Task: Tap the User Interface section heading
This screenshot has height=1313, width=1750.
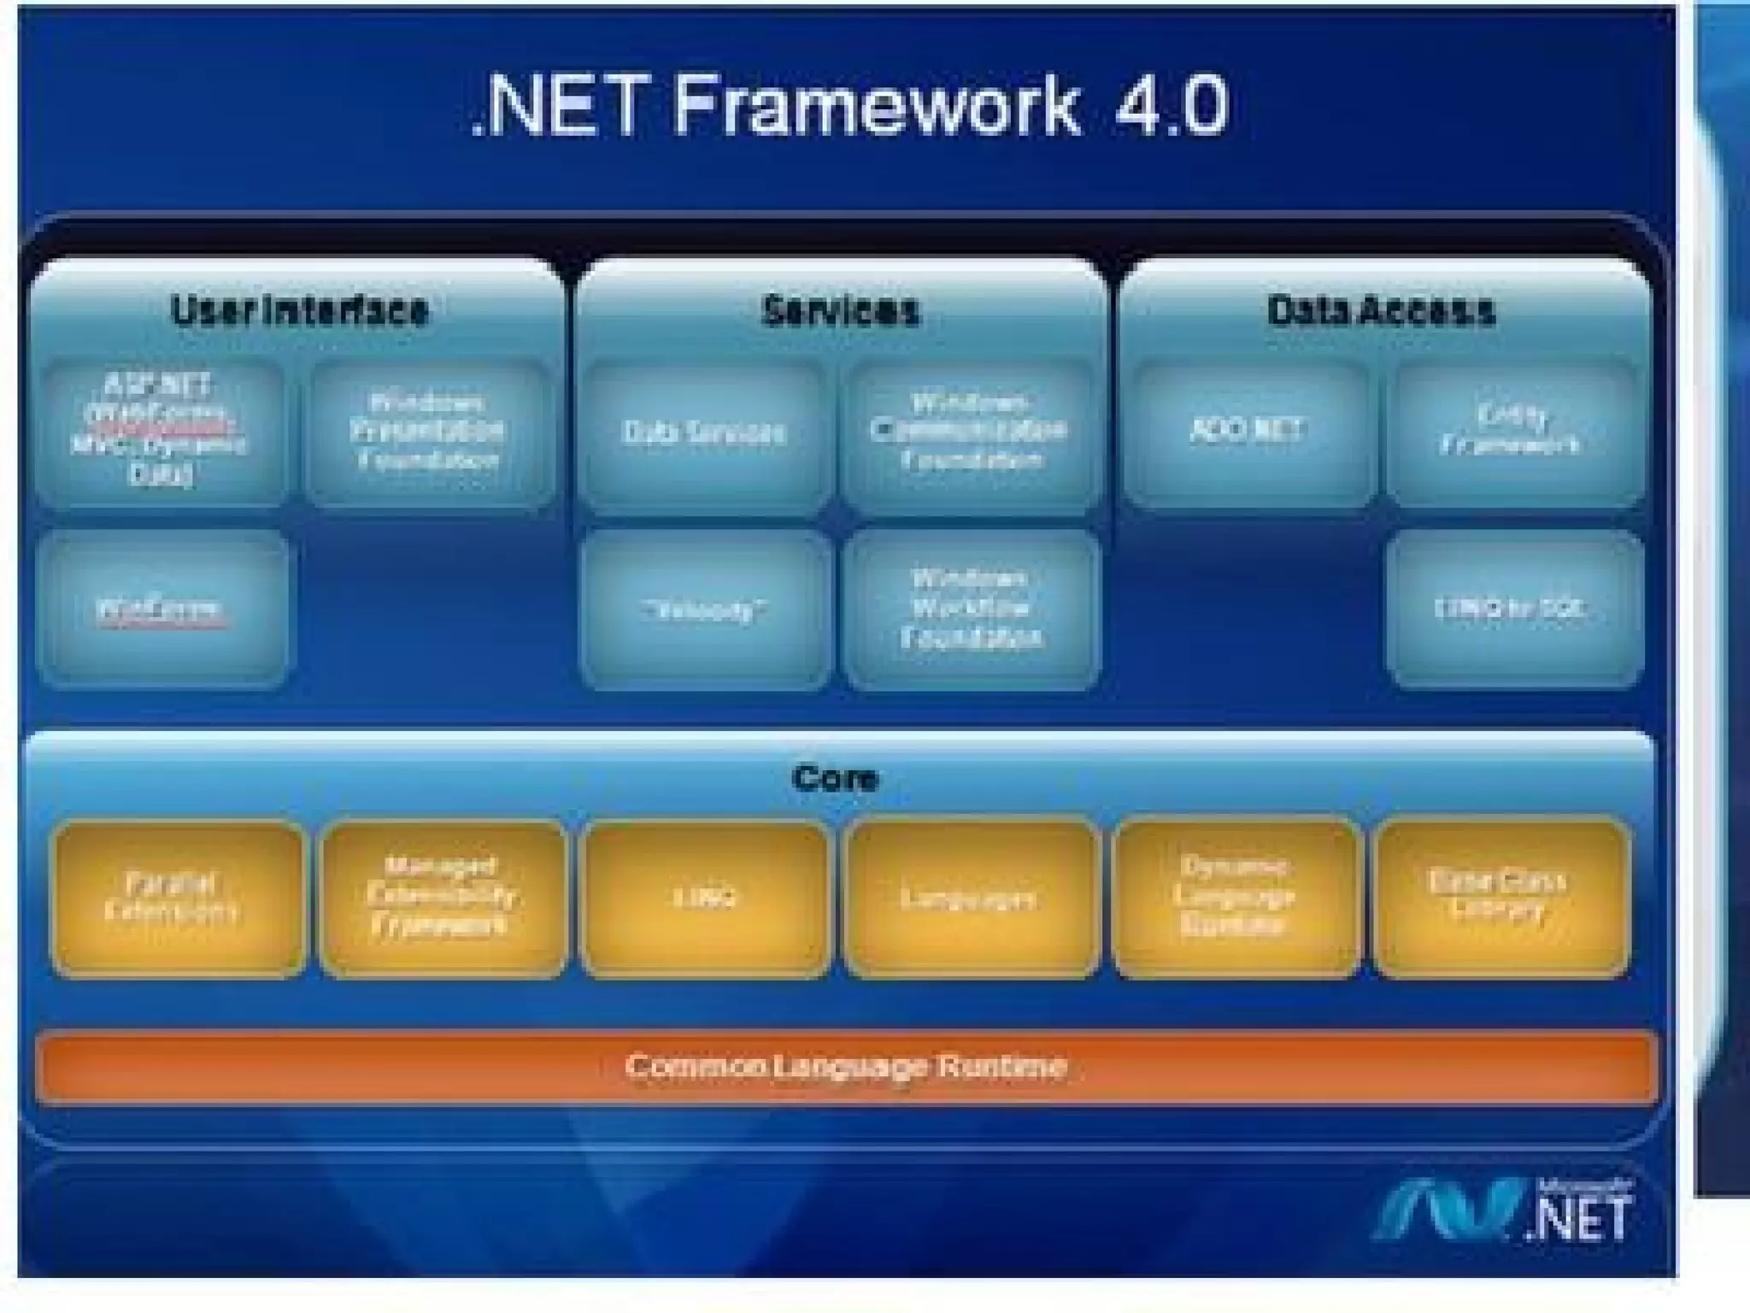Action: point(299,310)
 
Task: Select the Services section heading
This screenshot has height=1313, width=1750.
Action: point(841,310)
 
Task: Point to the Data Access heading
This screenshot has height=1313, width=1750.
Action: point(1381,310)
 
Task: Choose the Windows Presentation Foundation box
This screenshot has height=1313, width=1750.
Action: point(427,432)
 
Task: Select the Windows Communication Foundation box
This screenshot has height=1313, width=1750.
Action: point(970,432)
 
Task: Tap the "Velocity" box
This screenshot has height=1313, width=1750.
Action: point(704,609)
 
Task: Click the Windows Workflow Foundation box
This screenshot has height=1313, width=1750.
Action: point(970,609)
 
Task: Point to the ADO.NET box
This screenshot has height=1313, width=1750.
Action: point(1248,430)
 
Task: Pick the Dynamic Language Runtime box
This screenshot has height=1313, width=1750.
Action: point(1234,898)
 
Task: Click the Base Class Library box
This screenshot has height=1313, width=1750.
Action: point(1499,898)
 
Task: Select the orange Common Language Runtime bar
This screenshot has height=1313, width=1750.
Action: point(846,1067)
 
